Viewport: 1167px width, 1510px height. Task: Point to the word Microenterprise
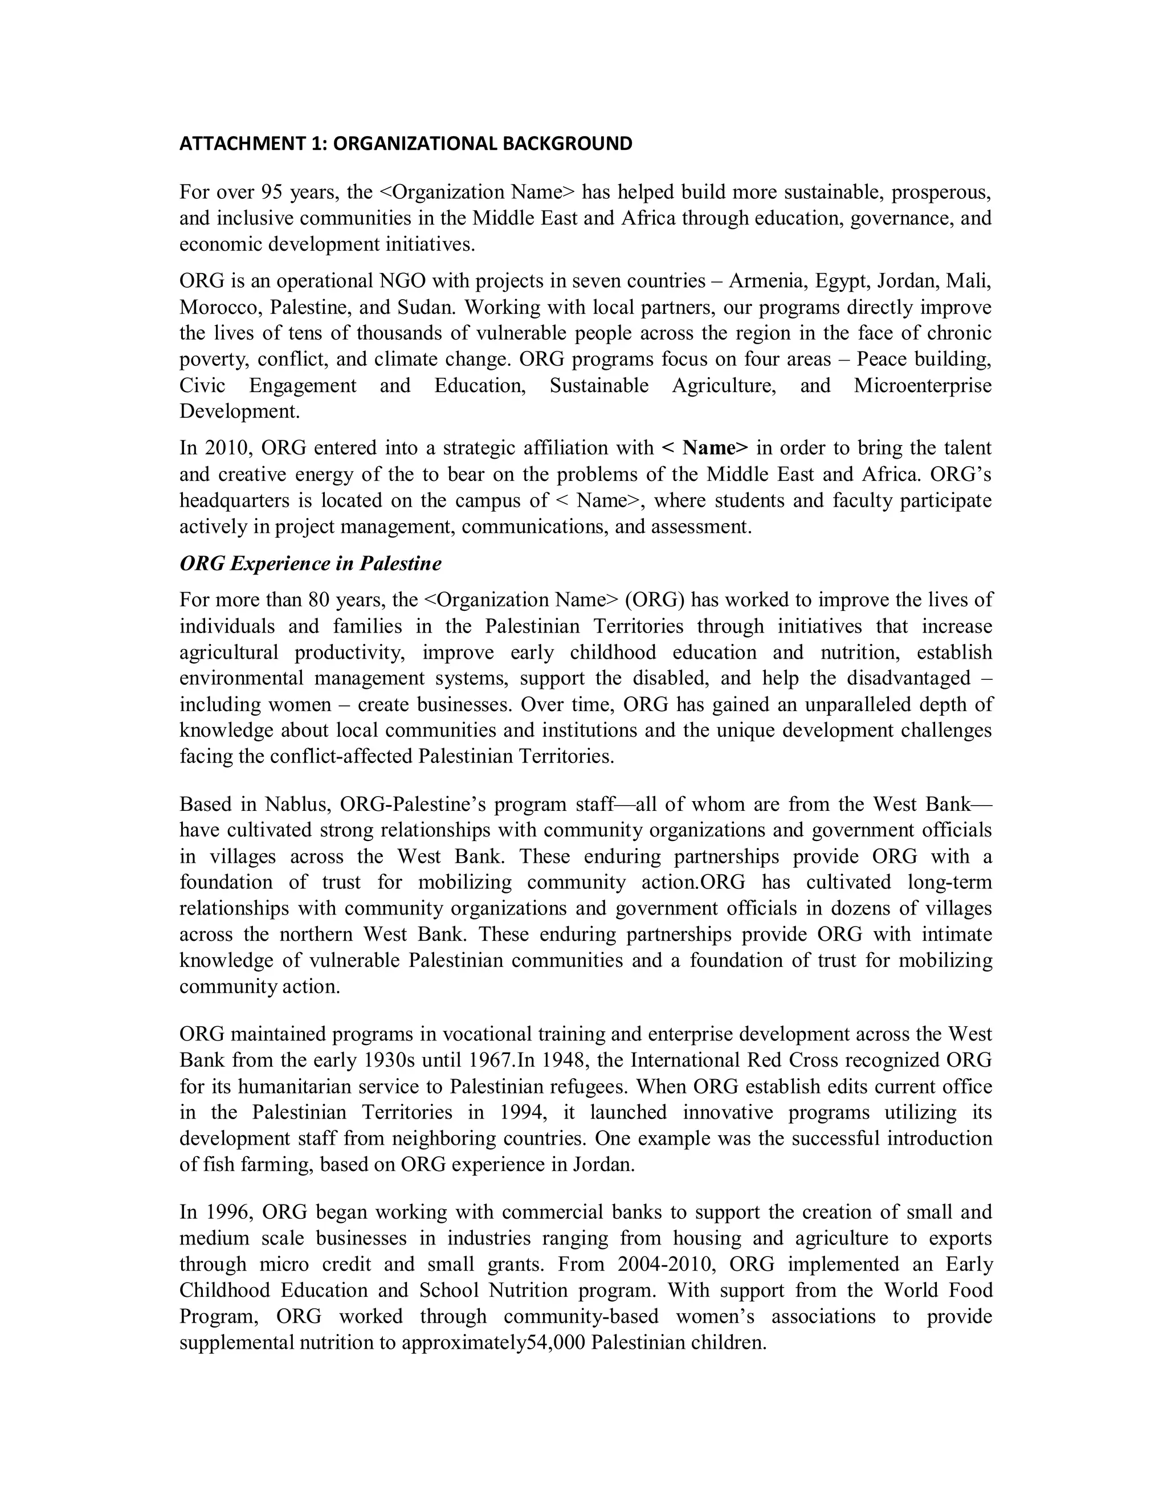coord(923,385)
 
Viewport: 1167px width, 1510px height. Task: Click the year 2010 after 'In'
coord(228,448)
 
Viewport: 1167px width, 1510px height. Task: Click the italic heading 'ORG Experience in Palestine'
coord(311,564)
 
